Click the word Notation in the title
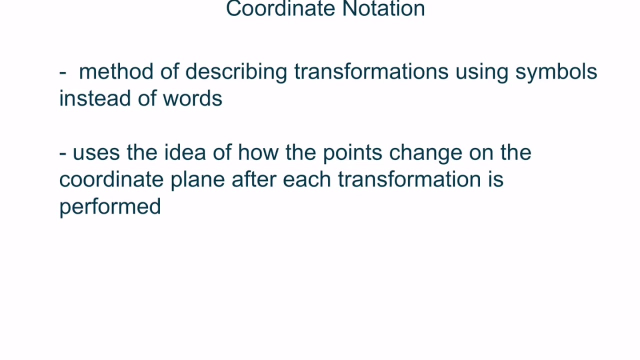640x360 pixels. pos(383,9)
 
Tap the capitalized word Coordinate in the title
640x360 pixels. pos(280,9)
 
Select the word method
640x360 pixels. pos(116,71)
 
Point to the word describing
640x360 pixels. pos(236,71)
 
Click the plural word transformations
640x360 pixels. pos(371,71)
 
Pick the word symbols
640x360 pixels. pos(556,71)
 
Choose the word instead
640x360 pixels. pos(95,98)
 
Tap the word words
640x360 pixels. pos(192,98)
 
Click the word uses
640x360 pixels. pos(96,152)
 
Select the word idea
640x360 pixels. pos(185,152)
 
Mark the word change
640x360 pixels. pos(425,152)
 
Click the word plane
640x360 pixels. pos(197,179)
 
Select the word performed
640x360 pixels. pos(110,206)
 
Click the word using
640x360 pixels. pos(481,71)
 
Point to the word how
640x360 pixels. pos(258,152)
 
